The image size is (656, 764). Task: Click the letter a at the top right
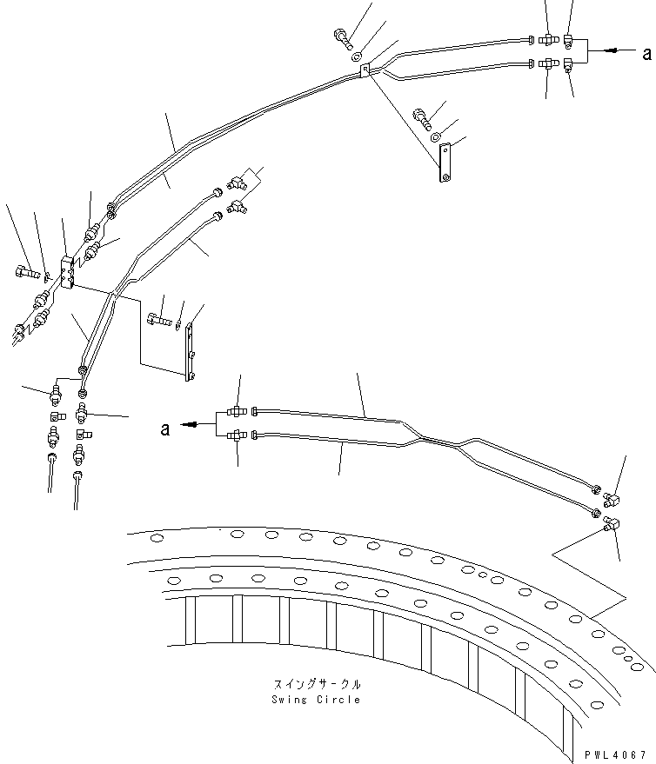[646, 53]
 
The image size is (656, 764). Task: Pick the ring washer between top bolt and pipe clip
[358, 54]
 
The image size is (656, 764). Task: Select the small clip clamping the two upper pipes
[365, 70]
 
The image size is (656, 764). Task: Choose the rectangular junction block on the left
[68, 271]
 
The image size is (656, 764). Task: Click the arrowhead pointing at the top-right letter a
[614, 52]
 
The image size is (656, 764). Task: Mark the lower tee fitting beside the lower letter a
[236, 435]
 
